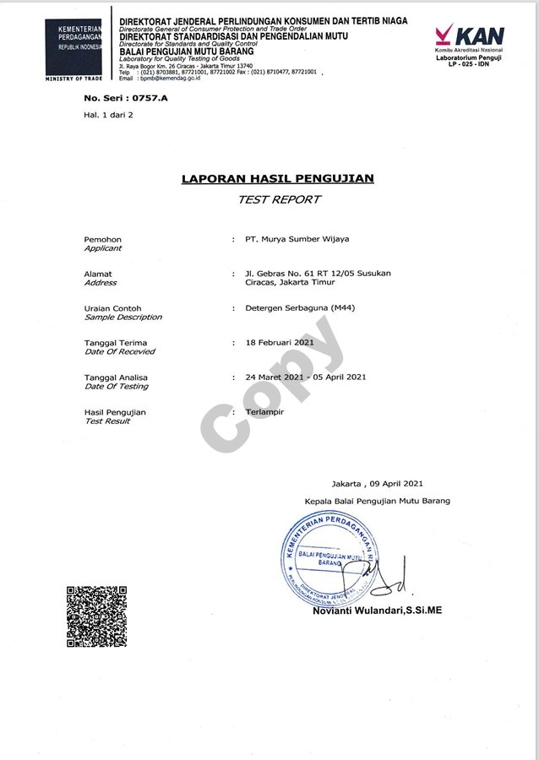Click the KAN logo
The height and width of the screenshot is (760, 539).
(470, 35)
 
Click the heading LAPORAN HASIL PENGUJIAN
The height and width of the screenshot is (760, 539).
(278, 178)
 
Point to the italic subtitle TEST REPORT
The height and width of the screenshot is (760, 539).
(279, 199)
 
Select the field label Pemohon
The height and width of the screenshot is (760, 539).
(103, 240)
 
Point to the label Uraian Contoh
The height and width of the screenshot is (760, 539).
(113, 308)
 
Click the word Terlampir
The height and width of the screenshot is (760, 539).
(264, 411)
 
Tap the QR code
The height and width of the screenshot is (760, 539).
(96, 616)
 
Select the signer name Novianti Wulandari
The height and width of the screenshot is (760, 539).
(377, 610)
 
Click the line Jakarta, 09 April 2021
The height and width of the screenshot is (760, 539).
(377, 483)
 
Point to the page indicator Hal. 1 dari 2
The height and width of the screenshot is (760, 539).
(108, 114)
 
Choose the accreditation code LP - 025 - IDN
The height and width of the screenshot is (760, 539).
(469, 63)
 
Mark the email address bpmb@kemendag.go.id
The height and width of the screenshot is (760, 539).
(164, 78)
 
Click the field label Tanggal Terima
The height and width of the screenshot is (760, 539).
(115, 343)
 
